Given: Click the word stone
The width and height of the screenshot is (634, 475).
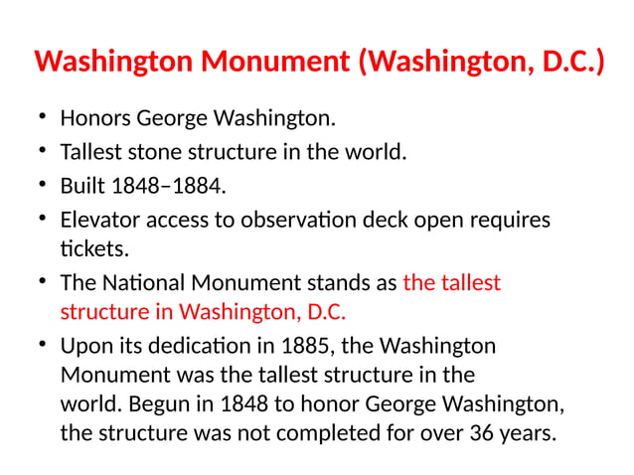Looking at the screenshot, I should pyautogui.click(x=161, y=153).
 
